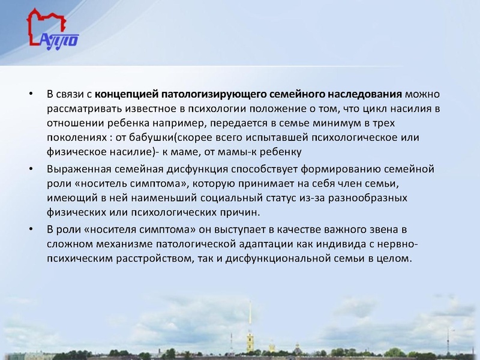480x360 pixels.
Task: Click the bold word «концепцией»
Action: pos(124,95)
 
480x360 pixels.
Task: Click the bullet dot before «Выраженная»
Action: pos(31,168)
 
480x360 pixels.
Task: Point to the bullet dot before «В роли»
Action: pos(31,230)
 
